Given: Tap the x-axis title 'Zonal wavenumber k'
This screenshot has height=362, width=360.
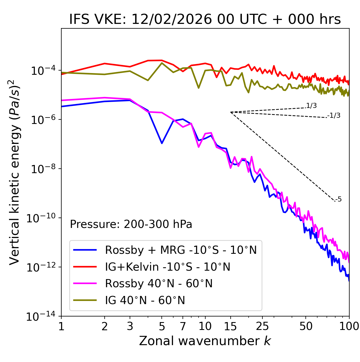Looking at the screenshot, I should pos(205,341).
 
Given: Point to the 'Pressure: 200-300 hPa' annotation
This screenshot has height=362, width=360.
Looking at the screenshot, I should pos(131,224).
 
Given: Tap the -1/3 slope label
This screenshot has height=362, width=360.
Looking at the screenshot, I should pos(334,116).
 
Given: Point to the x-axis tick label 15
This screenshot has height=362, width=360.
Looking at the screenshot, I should pos(230,326).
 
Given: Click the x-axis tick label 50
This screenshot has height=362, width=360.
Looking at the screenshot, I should pos(306,326).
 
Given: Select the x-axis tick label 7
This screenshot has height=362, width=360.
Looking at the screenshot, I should pos(183,326).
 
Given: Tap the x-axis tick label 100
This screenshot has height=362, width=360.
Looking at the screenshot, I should pos(349,326).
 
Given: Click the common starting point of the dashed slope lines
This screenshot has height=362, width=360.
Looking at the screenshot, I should pos(231,112).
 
